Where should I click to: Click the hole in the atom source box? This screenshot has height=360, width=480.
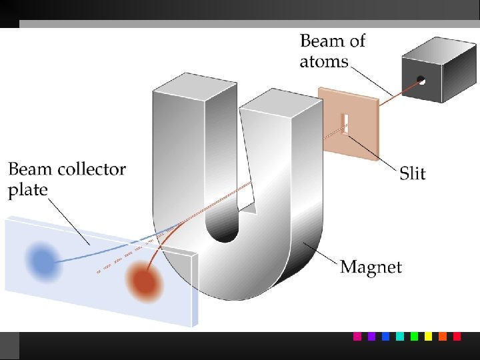point(421,80)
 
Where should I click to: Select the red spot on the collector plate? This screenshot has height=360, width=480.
point(144,281)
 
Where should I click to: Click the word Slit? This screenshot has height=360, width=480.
point(413,174)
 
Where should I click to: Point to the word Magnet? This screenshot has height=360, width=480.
point(371,268)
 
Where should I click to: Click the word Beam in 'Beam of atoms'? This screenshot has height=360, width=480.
point(323,41)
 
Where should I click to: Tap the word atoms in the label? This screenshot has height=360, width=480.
point(324,62)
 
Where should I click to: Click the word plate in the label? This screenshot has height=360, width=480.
point(28,190)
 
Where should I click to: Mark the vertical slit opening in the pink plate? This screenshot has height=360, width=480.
point(345,123)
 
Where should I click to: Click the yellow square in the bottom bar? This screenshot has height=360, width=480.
point(429,337)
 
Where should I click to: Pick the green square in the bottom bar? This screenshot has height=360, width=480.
point(414,337)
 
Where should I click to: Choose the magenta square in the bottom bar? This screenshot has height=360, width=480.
point(357,337)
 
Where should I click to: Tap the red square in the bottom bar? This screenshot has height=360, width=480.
point(457,337)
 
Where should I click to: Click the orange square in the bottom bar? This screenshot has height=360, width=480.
point(443,337)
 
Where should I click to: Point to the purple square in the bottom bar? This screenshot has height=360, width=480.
point(371,337)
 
